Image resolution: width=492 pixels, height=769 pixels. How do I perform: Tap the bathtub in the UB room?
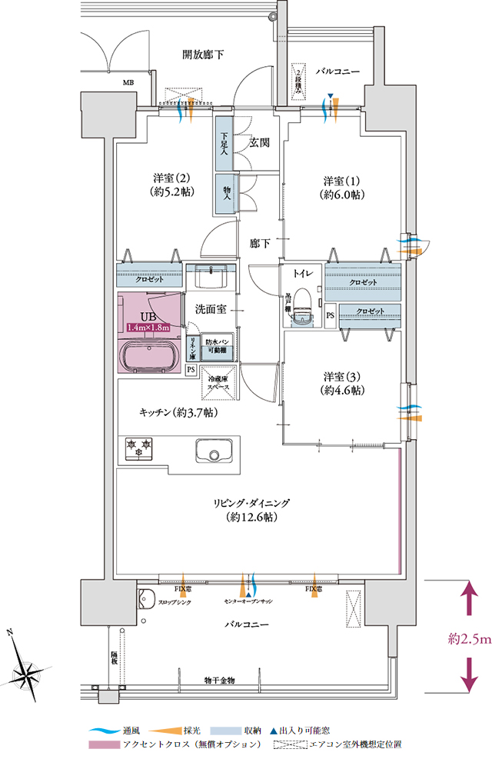click(151, 355)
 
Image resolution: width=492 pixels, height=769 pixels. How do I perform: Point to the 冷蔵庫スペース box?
click(219, 383)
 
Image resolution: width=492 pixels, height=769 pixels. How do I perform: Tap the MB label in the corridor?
click(128, 81)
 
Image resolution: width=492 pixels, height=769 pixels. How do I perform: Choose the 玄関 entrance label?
click(258, 142)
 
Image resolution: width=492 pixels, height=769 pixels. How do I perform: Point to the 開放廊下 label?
click(204, 55)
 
